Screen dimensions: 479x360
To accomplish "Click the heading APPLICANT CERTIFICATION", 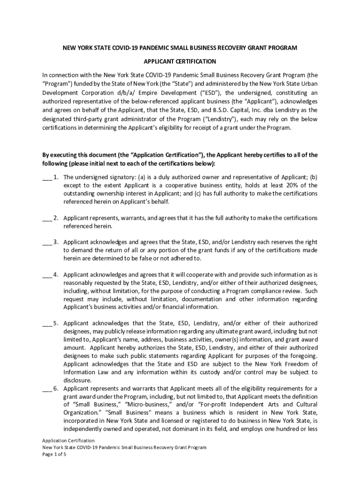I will click(180, 61).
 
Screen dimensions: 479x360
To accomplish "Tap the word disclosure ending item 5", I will click(77, 381).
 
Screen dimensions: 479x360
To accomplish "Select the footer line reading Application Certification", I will click(68, 441).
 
